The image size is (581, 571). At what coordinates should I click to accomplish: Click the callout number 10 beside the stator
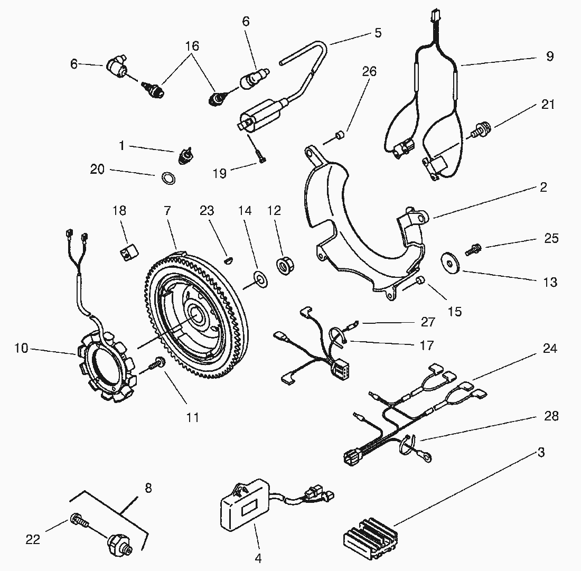coord(22,349)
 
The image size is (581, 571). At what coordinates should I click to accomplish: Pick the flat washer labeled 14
coord(260,277)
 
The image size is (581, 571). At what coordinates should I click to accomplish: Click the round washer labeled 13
coord(450,261)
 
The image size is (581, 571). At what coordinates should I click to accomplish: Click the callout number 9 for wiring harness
coord(550,57)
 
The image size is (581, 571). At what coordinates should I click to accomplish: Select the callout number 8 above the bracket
coord(148,488)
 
